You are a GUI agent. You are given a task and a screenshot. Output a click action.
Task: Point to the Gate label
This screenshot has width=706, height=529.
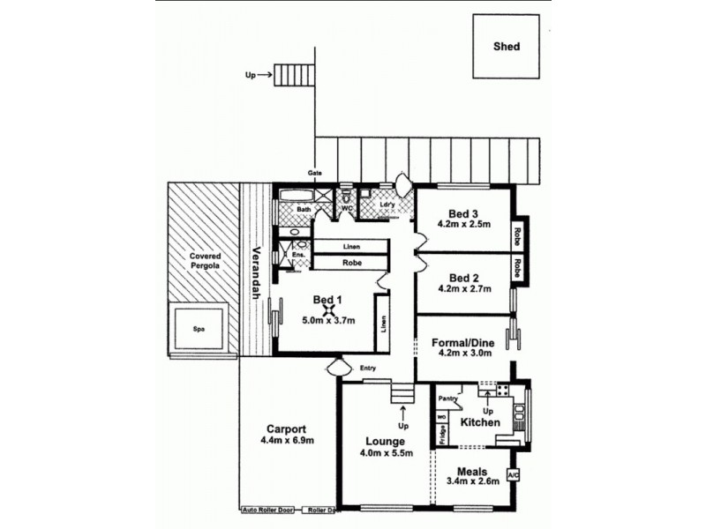(x=314, y=173)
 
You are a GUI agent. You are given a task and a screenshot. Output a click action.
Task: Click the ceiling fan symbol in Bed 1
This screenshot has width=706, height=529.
(x=329, y=309)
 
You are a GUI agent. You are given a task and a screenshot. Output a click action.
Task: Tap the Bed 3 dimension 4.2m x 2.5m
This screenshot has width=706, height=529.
(x=464, y=225)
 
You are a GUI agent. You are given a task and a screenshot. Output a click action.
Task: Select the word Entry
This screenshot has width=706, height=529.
(x=368, y=369)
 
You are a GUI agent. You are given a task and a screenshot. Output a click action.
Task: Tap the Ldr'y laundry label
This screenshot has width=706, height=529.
(x=387, y=205)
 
